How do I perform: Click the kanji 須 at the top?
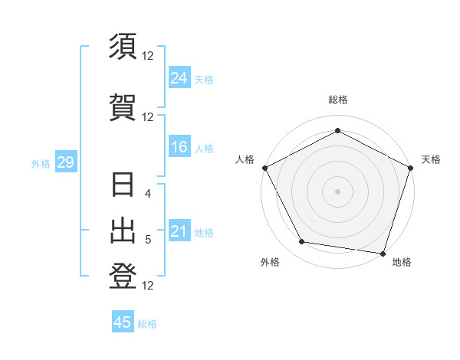[123, 47]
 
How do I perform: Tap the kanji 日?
[123, 186]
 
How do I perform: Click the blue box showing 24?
[179, 77]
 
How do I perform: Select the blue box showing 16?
[179, 147]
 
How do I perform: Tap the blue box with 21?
[179, 231]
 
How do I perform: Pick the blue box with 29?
[65, 162]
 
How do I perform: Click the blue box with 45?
[123, 322]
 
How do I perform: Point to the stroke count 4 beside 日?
[148, 194]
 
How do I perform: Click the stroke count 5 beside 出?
[148, 240]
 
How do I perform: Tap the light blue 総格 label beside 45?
[147, 324]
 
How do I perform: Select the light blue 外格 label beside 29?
[41, 163]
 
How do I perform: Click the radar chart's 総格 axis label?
[337, 100]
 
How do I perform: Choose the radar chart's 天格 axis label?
[432, 159]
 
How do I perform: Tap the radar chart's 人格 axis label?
[245, 159]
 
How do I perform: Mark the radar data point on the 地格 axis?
[383, 253]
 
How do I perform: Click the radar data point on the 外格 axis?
[302, 242]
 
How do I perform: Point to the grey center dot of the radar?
[337, 191]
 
